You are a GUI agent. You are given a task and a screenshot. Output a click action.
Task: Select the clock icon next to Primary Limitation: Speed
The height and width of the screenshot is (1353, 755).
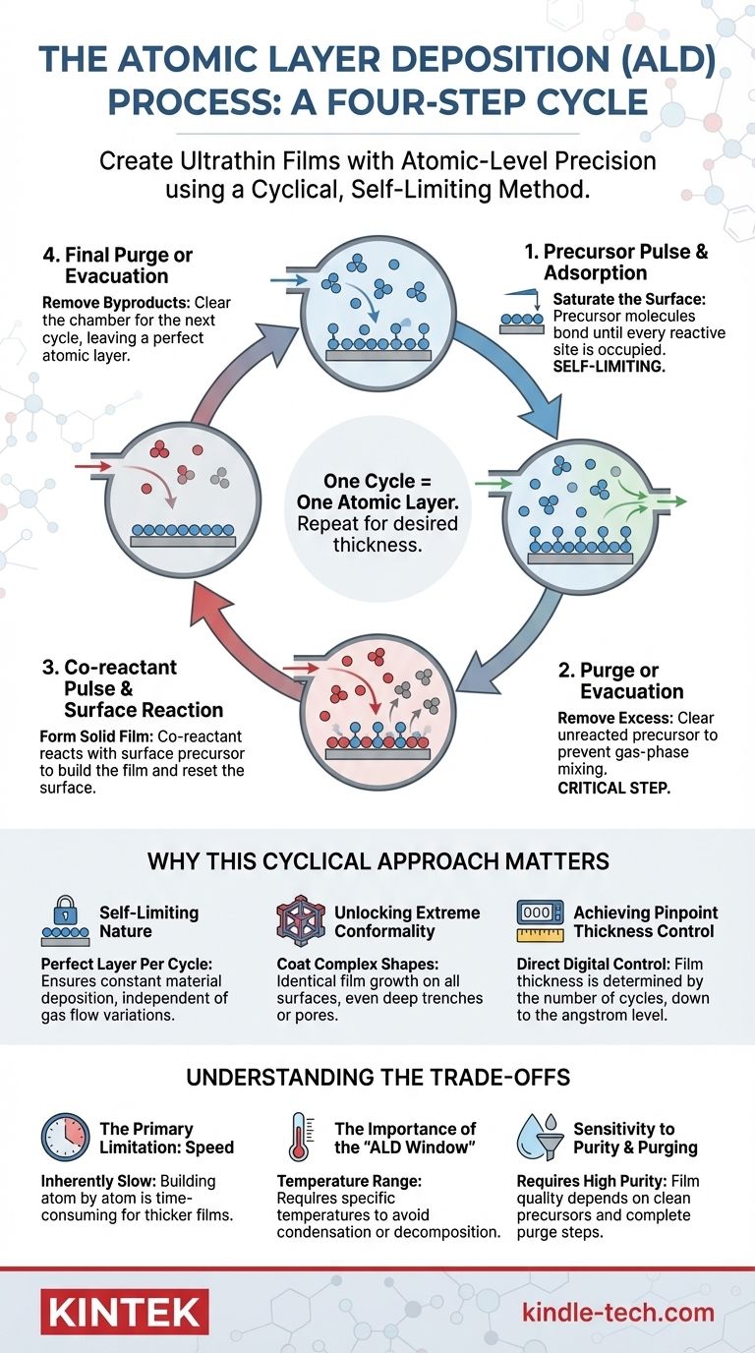(64, 1138)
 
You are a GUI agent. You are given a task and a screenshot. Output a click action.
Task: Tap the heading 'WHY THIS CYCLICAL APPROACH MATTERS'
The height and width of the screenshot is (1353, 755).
(377, 861)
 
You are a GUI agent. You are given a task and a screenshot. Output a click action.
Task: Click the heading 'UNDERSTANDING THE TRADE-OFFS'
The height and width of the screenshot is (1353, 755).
(377, 1078)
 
